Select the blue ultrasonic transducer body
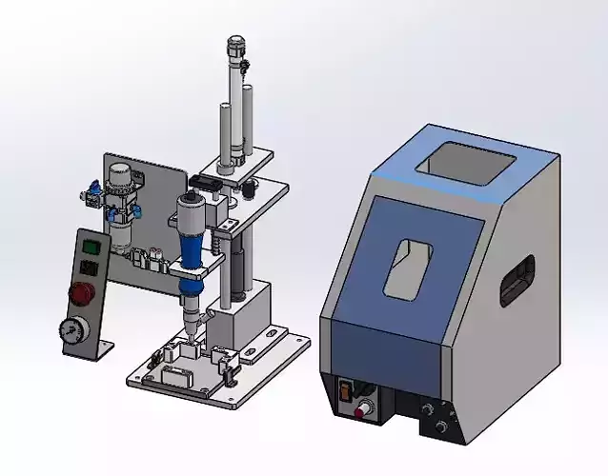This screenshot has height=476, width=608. point(191,247)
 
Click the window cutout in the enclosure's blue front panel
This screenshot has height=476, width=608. point(407,266)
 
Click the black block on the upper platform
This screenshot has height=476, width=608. point(210,181)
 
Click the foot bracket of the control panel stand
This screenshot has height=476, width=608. point(96,351)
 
